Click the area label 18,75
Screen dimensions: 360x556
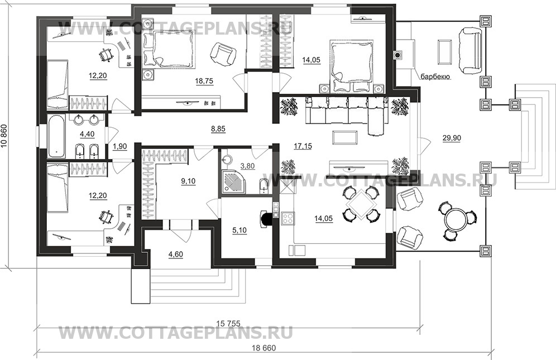188,81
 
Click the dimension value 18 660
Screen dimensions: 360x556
261,348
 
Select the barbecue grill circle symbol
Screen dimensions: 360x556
398,55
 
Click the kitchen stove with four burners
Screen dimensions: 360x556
287,218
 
